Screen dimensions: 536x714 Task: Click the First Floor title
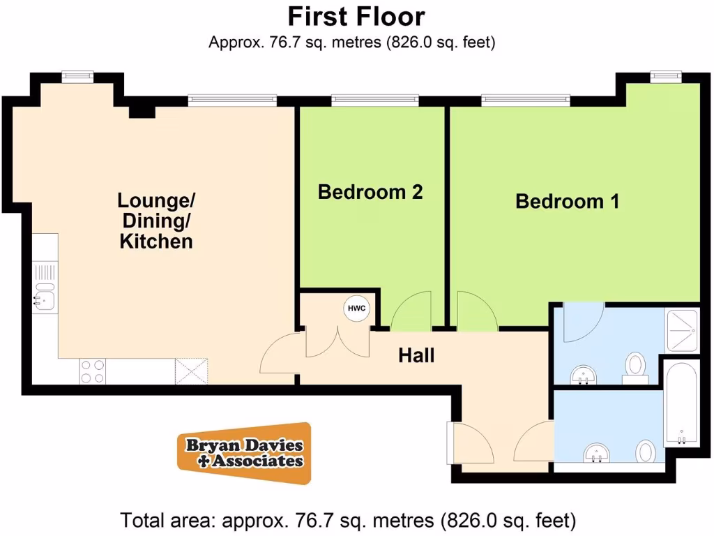tap(356, 15)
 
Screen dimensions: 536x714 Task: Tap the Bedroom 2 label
tap(370, 192)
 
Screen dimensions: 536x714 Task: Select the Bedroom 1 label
tap(567, 202)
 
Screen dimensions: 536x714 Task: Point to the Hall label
tap(416, 355)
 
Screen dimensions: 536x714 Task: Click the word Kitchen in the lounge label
tap(156, 242)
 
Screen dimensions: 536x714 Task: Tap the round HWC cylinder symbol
tap(355, 308)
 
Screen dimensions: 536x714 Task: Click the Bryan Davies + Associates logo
tap(243, 454)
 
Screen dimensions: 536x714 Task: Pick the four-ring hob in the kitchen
tap(92, 371)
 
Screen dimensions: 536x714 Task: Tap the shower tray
tap(683, 330)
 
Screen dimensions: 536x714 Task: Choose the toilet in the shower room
tap(635, 366)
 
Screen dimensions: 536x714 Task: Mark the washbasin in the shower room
tap(583, 375)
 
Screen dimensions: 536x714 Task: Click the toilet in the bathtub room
tap(646, 452)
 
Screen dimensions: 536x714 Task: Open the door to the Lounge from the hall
tap(278, 352)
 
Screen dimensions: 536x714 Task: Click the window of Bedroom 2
tap(375, 100)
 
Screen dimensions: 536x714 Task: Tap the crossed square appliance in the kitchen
tap(192, 370)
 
